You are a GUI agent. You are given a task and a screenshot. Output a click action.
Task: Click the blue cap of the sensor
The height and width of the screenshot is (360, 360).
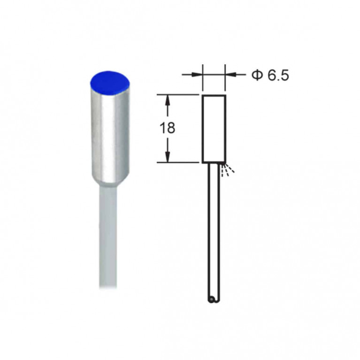[110, 83]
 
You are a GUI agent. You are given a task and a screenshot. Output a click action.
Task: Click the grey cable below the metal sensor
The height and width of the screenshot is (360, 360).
[108, 237]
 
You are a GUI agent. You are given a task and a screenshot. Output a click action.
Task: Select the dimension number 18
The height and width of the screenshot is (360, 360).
[168, 128]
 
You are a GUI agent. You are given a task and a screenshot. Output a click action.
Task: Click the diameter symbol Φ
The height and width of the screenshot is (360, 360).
[257, 75]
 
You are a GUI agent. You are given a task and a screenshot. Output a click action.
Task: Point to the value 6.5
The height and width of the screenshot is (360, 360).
[278, 75]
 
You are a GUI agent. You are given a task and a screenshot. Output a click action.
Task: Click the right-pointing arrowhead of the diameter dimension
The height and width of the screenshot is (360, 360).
[197, 74]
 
